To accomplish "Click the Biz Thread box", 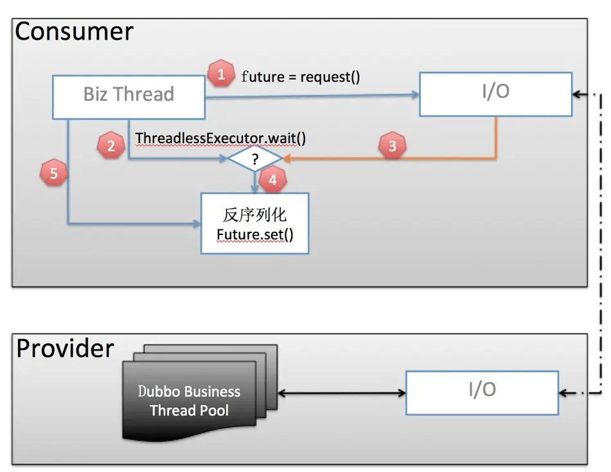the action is (x=128, y=97).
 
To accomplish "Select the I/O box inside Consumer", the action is (x=495, y=94).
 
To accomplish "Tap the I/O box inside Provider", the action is (x=482, y=392).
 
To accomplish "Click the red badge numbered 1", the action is (x=221, y=73).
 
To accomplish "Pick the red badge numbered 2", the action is (x=111, y=146).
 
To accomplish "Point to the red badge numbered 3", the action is (x=393, y=146).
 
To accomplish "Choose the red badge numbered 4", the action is (x=273, y=180).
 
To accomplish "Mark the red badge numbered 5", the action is (x=54, y=173).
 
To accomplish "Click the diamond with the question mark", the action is (x=255, y=159).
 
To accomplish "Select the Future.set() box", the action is (x=255, y=223).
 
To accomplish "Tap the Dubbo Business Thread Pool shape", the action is (x=200, y=392).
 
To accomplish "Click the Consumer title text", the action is (x=74, y=31).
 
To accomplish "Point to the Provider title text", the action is (x=65, y=348).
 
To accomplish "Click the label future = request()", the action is (x=301, y=76).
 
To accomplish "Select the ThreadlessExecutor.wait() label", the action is (x=220, y=138).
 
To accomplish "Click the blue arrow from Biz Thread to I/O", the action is (x=312, y=96).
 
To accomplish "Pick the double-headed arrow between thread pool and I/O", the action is (x=342, y=393).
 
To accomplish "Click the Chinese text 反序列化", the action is (x=255, y=215).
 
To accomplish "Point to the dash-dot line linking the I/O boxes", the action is (x=601, y=243).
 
